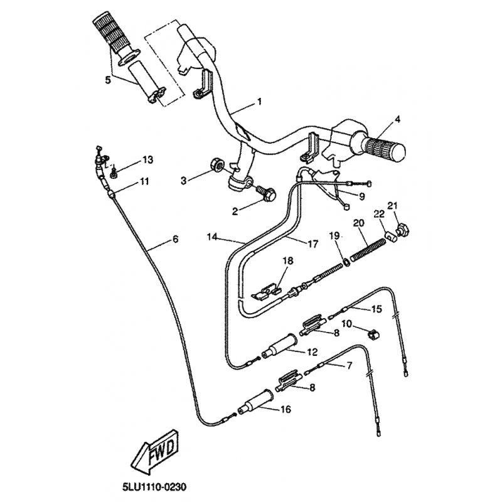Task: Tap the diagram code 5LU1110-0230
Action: click(x=154, y=488)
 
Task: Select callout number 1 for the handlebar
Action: click(x=259, y=101)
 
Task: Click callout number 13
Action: click(x=147, y=159)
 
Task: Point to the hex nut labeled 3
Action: click(x=217, y=165)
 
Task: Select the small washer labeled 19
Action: click(x=346, y=262)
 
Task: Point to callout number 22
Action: click(x=379, y=215)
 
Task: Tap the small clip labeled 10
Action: click(x=373, y=335)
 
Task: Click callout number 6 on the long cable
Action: click(x=175, y=239)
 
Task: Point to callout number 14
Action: click(x=212, y=237)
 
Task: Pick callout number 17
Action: click(x=312, y=244)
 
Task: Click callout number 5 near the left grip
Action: click(x=108, y=80)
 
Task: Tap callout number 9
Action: click(x=362, y=196)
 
